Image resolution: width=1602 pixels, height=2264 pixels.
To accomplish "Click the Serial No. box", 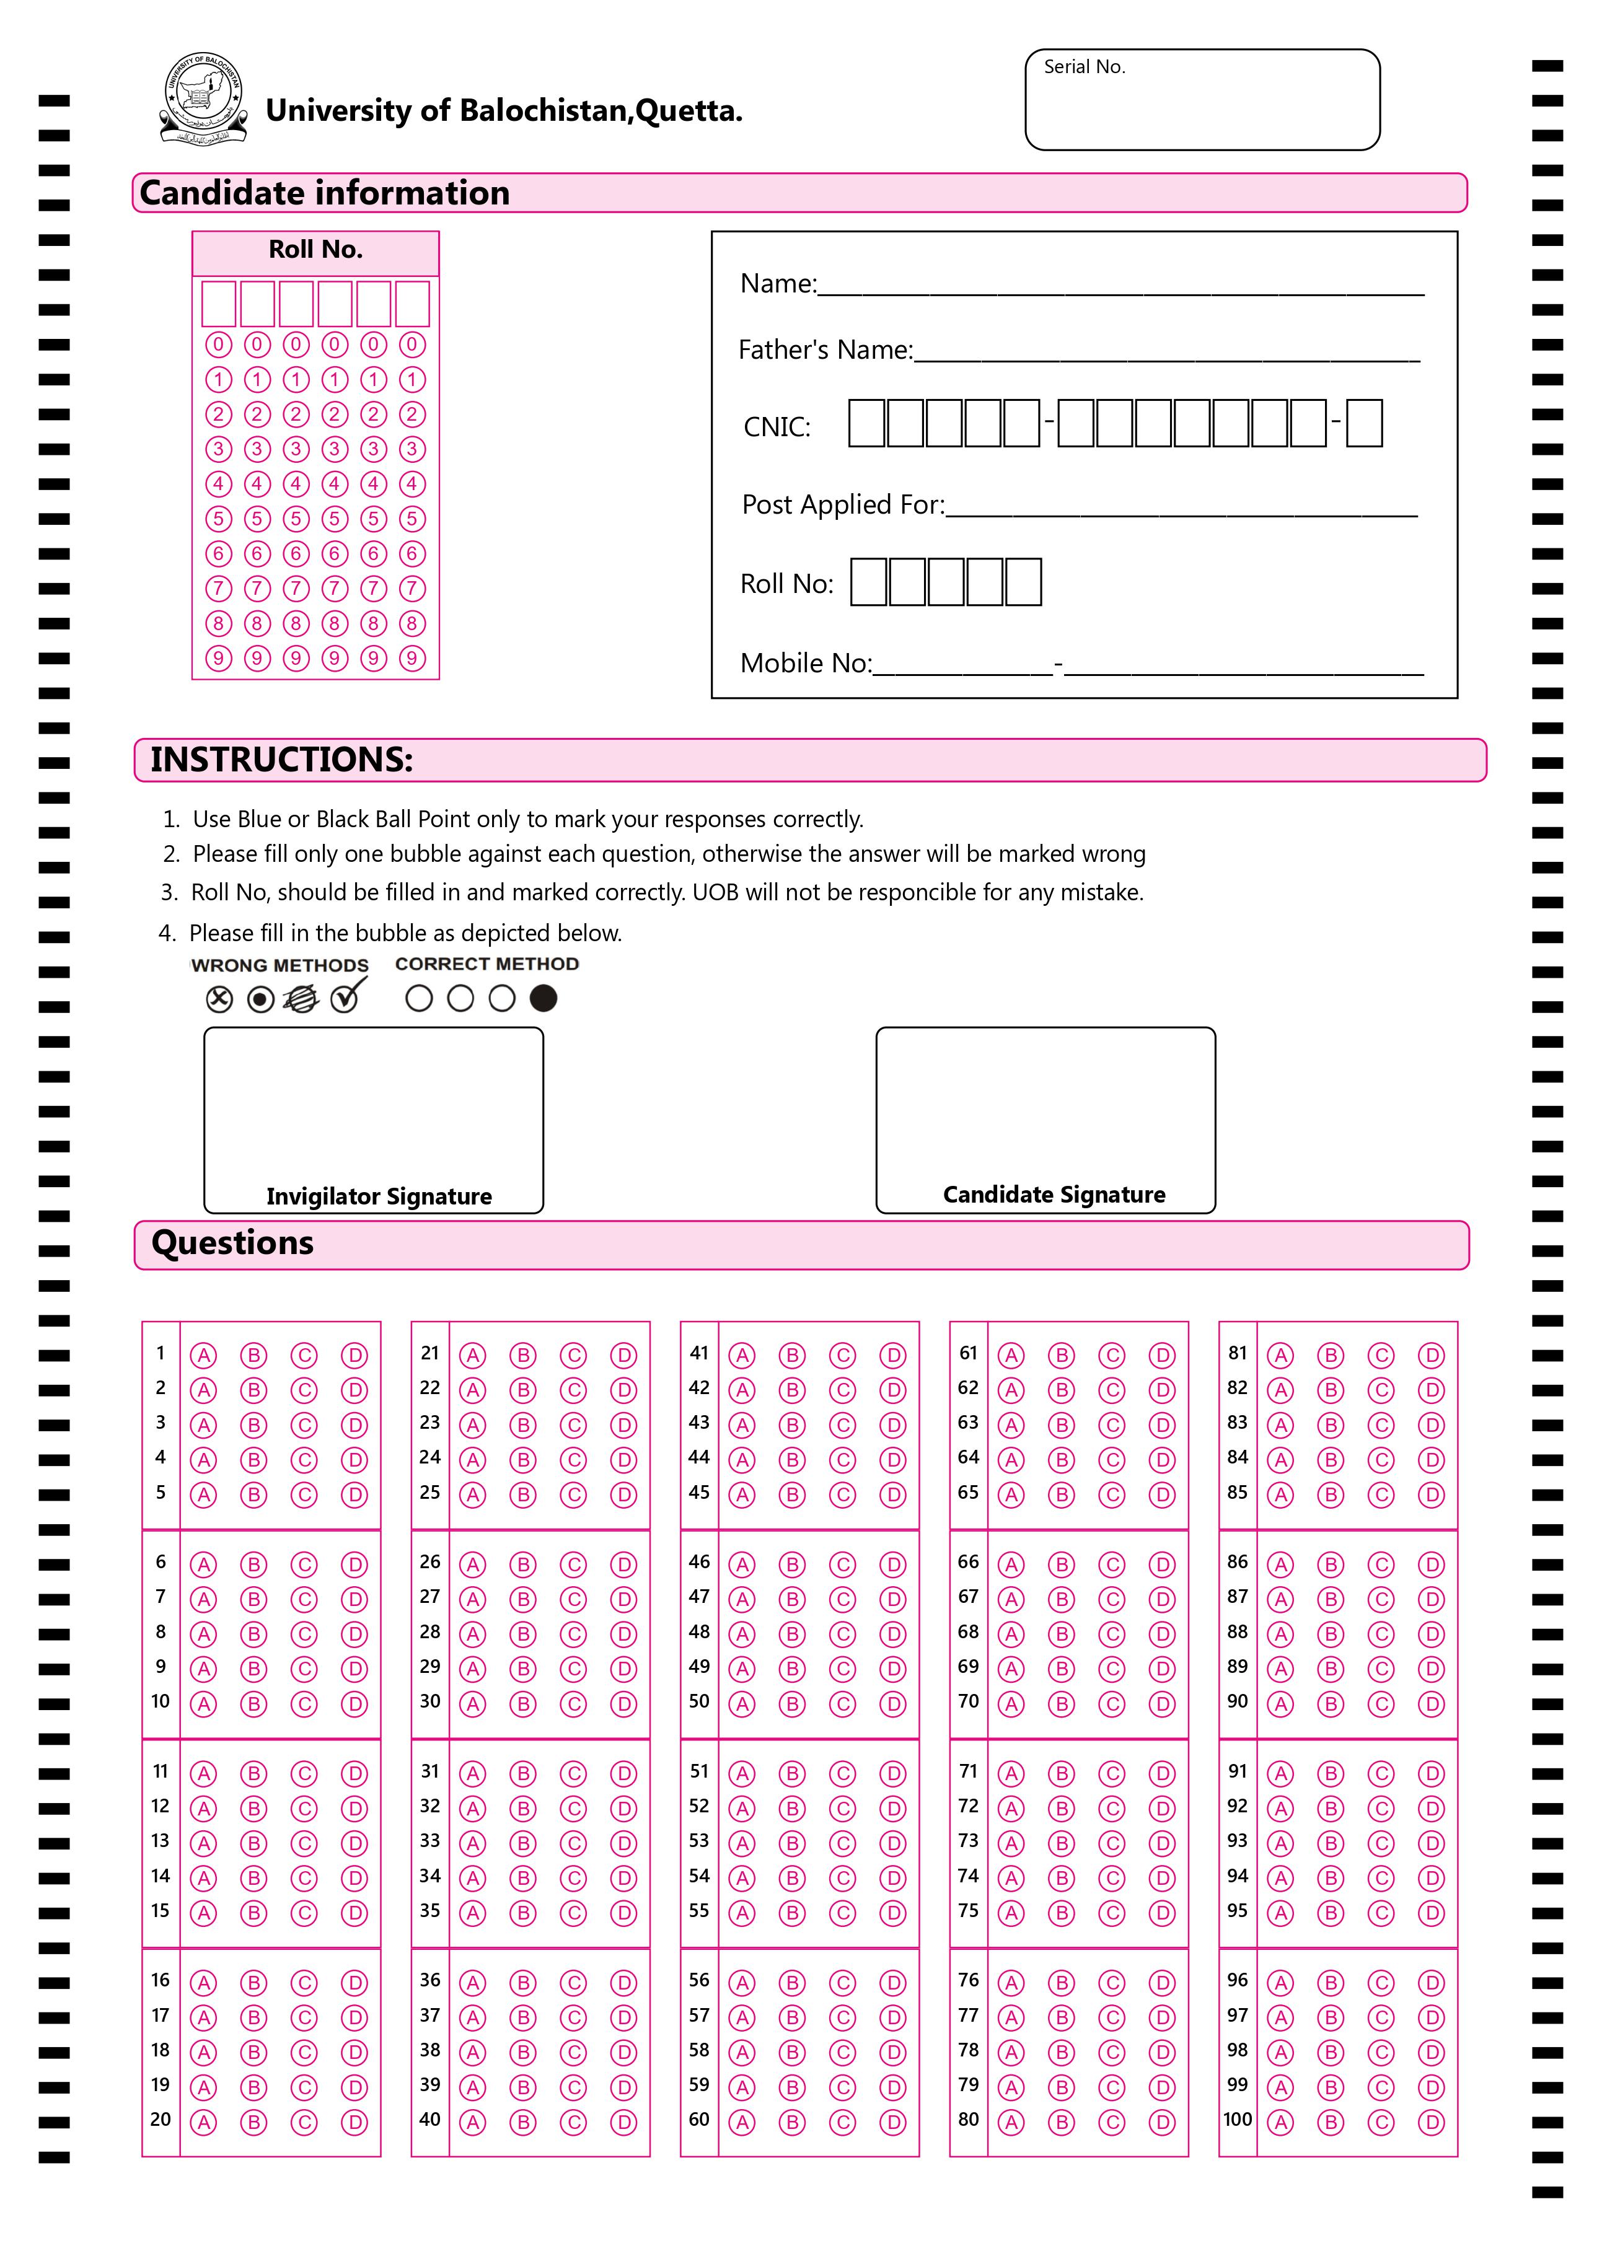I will tap(1202, 100).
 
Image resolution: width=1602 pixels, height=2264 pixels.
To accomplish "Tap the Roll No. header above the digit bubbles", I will tap(315, 250).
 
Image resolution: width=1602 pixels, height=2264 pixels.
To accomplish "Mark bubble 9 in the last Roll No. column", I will tap(412, 658).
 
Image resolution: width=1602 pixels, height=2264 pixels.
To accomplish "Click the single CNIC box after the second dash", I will tap(1363, 424).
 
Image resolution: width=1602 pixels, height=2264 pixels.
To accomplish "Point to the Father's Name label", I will tap(825, 350).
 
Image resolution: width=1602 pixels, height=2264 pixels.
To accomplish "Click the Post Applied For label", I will tap(842, 505).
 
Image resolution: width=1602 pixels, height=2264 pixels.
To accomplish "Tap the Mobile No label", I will tap(806, 664).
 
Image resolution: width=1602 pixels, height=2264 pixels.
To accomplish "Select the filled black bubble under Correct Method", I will tap(544, 999).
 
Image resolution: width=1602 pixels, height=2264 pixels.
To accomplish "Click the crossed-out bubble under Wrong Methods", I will tap(219, 1000).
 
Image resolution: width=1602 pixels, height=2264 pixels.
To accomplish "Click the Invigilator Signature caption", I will tap(379, 1196).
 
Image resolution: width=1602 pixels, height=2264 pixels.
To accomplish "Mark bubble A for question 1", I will tap(204, 1356).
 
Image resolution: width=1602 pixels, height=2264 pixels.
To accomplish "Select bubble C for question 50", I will tap(842, 1704).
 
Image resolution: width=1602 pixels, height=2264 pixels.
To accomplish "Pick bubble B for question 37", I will tap(523, 2017).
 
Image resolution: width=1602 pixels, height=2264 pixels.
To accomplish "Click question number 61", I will tap(968, 1353).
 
